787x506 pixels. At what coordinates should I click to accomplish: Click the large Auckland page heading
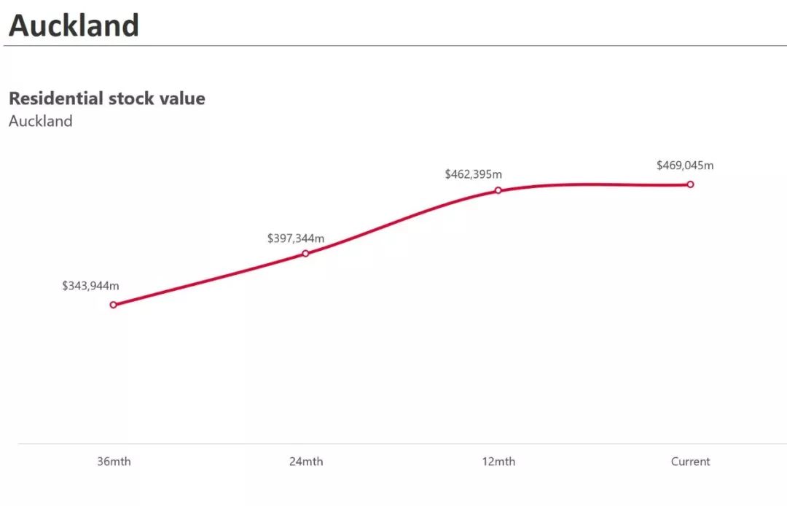click(x=74, y=26)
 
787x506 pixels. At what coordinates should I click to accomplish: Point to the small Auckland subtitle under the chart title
click(x=40, y=121)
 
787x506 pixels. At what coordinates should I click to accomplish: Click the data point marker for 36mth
click(x=113, y=305)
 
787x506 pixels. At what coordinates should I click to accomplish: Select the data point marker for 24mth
click(x=305, y=254)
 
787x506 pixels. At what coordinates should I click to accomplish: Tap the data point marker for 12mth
click(x=498, y=190)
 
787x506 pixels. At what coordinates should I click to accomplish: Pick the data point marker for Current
click(x=690, y=184)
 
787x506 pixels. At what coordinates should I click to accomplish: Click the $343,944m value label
click(x=90, y=286)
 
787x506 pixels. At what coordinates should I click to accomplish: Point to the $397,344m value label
click(x=295, y=238)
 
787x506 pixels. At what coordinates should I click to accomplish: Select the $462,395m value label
click(x=473, y=174)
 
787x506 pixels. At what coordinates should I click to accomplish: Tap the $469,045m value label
click(x=685, y=166)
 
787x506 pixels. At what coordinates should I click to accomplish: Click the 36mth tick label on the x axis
click(x=114, y=462)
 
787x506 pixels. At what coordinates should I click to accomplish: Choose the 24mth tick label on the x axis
click(x=305, y=462)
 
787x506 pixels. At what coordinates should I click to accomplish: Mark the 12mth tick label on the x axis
click(x=498, y=462)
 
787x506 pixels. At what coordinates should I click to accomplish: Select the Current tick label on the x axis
click(x=690, y=462)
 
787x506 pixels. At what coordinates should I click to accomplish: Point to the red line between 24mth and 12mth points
click(x=401, y=220)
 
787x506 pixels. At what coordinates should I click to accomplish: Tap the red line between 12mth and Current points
click(x=594, y=183)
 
